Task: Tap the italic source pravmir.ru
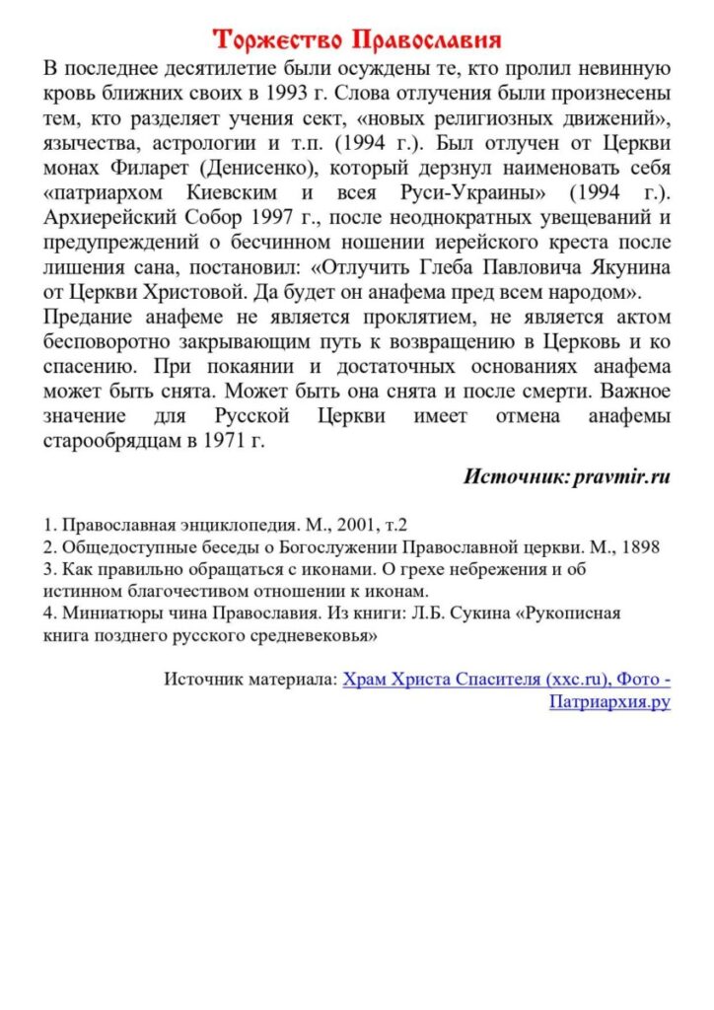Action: click(620, 476)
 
